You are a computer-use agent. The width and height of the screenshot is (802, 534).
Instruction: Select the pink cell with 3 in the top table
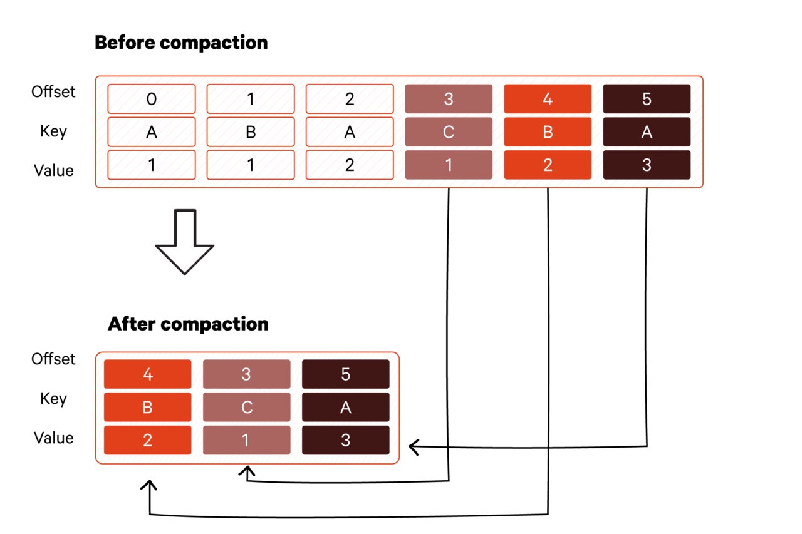[449, 99]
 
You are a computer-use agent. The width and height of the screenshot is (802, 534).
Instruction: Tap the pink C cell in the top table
[449, 132]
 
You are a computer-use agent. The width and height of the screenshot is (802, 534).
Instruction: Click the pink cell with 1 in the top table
[449, 165]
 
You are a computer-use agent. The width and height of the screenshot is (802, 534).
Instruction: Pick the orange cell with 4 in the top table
[548, 99]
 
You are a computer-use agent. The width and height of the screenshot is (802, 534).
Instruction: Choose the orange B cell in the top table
[548, 132]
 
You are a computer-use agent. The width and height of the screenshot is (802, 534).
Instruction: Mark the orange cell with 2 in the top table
[548, 165]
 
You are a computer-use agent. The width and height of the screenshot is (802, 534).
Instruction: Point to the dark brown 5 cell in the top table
[647, 99]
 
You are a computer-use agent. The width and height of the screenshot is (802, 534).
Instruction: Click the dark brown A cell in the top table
[647, 132]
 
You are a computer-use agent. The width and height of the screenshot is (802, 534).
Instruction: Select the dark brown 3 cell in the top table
[647, 165]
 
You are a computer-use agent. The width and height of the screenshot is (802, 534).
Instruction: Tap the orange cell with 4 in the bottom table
[148, 374]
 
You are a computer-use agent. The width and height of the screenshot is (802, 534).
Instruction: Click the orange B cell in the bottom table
[148, 408]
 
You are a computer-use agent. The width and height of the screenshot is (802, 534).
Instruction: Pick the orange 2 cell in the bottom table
[148, 440]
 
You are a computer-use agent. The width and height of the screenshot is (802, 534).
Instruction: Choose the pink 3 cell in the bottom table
[246, 374]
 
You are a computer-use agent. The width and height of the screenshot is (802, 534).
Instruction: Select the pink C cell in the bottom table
[246, 408]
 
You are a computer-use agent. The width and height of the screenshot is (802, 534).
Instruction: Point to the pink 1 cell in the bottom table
[246, 440]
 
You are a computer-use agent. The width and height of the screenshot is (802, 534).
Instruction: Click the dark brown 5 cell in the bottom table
[346, 374]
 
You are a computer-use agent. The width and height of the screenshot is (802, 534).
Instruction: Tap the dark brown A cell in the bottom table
[346, 408]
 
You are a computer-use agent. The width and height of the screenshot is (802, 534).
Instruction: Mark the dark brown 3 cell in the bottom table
[346, 440]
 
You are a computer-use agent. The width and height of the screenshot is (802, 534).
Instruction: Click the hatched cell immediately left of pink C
[350, 132]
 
